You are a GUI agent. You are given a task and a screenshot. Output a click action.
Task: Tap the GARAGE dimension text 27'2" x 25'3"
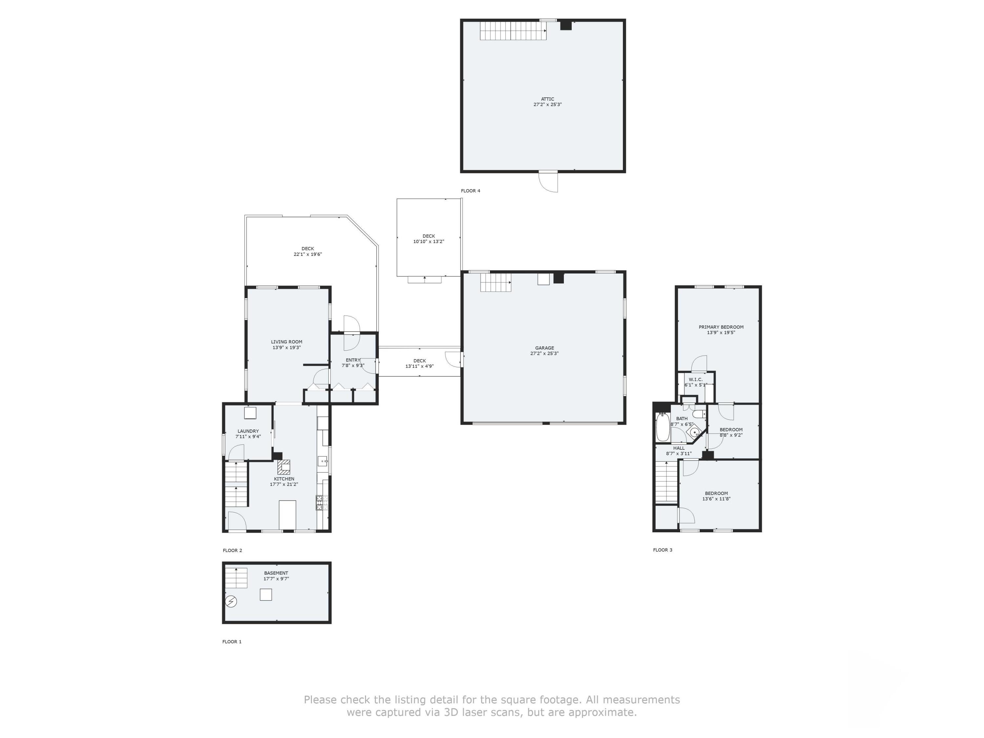(x=544, y=354)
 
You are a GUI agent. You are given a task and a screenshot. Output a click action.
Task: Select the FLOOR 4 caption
(x=470, y=191)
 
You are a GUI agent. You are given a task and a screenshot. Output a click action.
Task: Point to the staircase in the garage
(x=495, y=282)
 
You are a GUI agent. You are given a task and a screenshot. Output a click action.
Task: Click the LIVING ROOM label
(x=286, y=342)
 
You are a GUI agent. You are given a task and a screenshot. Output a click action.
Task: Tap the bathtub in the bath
(x=662, y=427)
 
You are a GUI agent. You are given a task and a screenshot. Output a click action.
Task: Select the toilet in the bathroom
(x=698, y=415)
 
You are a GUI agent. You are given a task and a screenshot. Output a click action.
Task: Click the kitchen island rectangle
(x=287, y=514)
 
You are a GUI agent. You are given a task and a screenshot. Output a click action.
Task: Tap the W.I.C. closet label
(x=695, y=379)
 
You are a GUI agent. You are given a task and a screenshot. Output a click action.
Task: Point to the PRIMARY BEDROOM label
(x=721, y=327)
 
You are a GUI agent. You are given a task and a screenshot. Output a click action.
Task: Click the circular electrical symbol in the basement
(x=231, y=602)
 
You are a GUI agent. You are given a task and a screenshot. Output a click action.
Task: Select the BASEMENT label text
(x=276, y=573)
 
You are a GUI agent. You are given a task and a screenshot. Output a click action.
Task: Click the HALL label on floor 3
(x=679, y=448)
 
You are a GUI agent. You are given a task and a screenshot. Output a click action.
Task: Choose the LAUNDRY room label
(x=248, y=431)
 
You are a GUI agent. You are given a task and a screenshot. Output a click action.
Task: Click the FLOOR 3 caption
(x=662, y=550)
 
